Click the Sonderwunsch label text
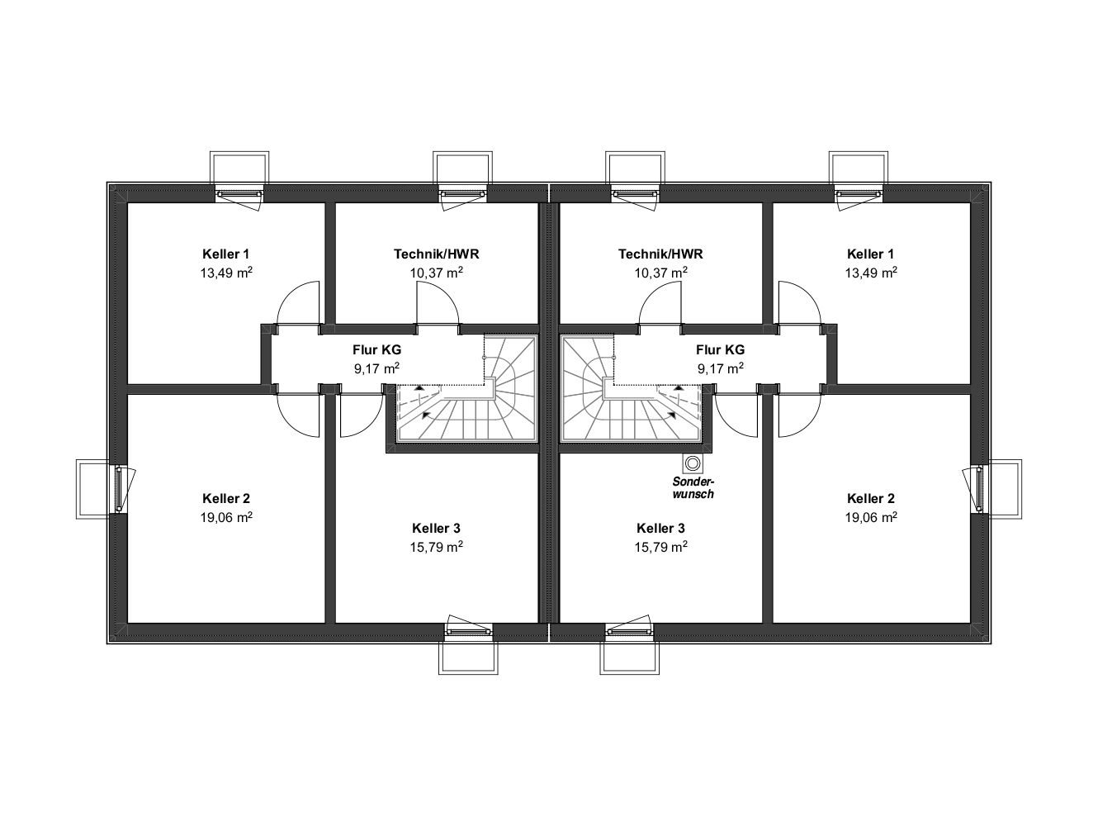tap(693, 488)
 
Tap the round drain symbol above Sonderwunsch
tap(693, 463)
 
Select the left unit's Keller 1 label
tap(225, 254)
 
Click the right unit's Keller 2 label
tap(870, 498)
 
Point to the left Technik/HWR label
tap(436, 254)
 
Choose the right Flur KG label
tap(720, 349)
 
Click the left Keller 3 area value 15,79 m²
tap(436, 546)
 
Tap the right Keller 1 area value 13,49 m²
tap(870, 272)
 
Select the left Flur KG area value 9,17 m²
tap(376, 368)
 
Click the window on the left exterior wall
tap(119, 489)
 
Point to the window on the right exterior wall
tap(979, 489)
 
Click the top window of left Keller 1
tap(239, 194)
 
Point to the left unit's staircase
tap(466, 389)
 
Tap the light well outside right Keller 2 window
tap(1006, 489)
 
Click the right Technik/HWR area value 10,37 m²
tap(660, 272)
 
